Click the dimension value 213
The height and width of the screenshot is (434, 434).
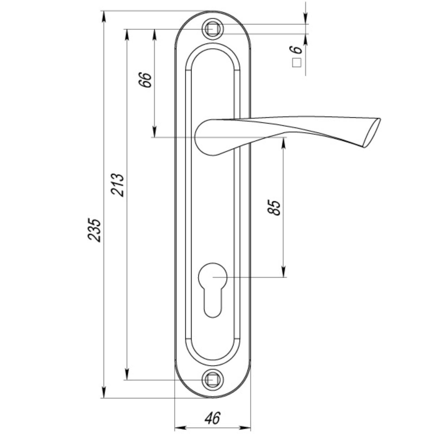[117, 184]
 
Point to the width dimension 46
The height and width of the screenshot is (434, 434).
[212, 418]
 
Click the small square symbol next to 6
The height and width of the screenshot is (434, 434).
[297, 63]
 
